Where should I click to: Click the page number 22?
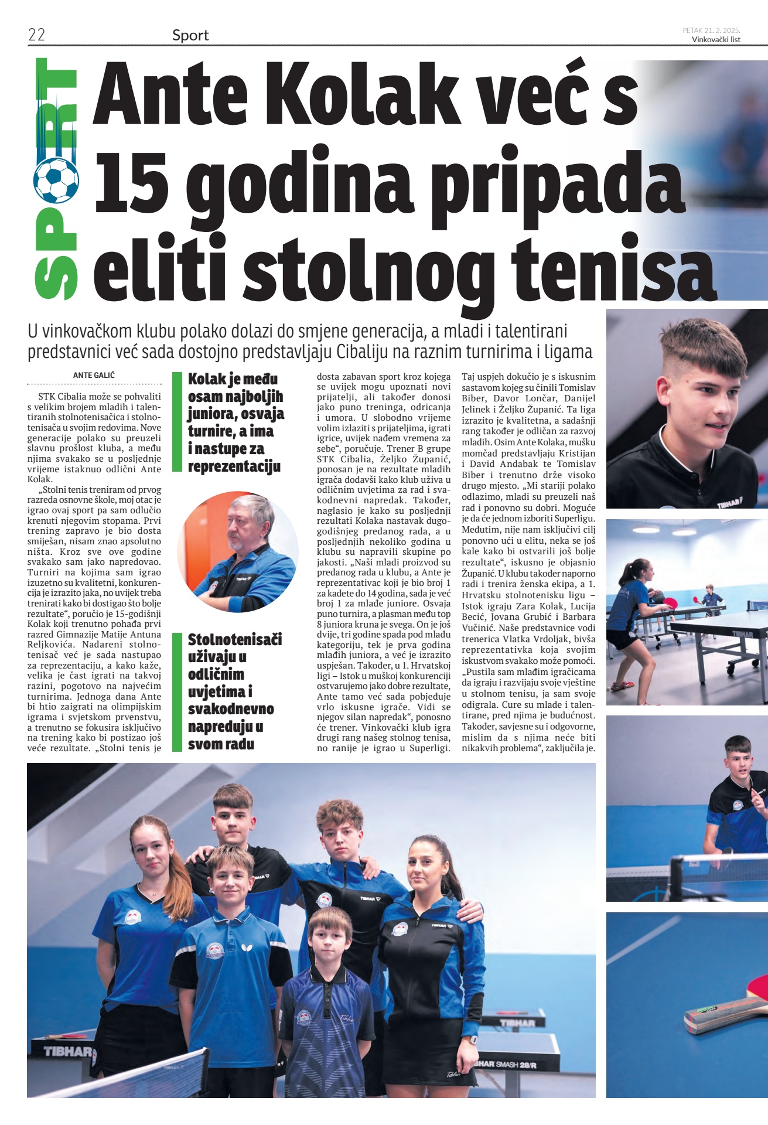point(36,35)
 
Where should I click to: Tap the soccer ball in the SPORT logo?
point(56,179)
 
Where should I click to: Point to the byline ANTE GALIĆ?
point(94,375)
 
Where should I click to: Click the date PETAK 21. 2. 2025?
point(711,30)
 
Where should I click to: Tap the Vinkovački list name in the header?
point(716,40)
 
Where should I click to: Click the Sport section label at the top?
point(190,36)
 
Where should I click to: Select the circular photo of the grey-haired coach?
point(238,552)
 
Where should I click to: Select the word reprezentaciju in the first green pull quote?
point(234,467)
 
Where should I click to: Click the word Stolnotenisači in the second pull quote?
point(235,639)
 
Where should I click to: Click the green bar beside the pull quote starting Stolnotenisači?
point(177,692)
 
